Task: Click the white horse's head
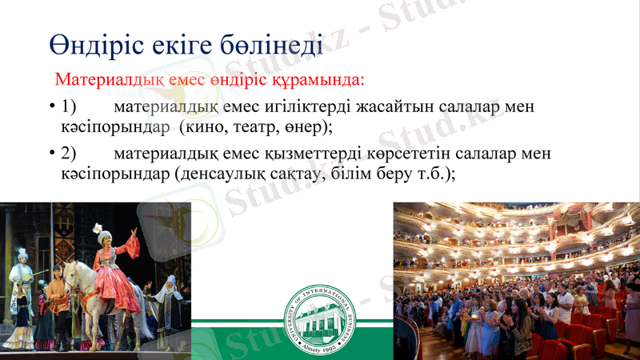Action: tap(72, 275)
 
